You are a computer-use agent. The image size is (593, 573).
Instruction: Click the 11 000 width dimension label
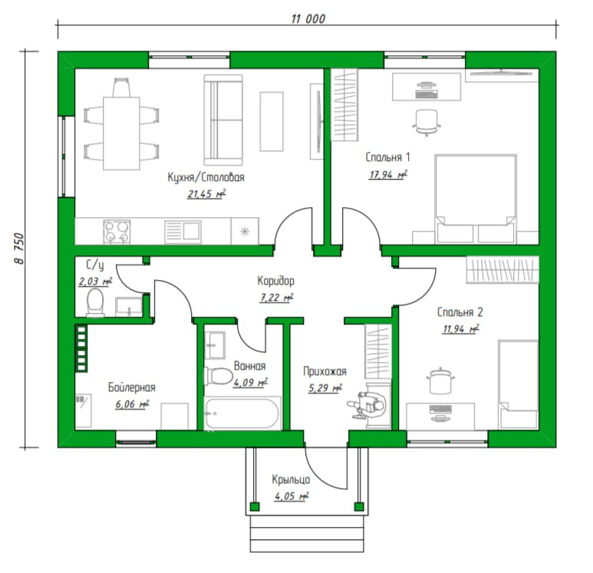point(308,18)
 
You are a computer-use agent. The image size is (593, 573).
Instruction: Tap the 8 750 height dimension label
point(19,249)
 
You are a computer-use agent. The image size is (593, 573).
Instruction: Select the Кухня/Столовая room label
point(206,177)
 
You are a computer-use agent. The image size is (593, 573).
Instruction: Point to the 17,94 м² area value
point(388,174)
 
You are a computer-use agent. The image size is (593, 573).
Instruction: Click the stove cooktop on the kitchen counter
point(117,231)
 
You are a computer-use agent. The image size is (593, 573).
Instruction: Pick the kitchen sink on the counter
point(183,232)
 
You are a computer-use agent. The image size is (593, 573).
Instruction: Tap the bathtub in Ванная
point(242,413)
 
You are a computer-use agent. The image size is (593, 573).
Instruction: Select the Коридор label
point(275,281)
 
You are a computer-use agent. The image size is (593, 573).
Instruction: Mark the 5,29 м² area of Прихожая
point(325,387)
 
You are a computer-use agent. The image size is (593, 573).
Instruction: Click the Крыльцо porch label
point(291,479)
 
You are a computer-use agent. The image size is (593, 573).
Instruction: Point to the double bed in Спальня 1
point(476,198)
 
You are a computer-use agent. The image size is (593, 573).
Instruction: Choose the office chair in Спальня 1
point(427,122)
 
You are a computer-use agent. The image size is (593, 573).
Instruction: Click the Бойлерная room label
point(132,387)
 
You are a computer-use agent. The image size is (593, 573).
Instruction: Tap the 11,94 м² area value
point(461,328)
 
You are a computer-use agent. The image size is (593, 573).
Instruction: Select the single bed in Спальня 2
point(518,384)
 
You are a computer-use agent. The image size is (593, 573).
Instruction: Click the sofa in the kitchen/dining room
point(223,120)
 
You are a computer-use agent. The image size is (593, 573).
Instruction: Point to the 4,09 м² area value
point(250,382)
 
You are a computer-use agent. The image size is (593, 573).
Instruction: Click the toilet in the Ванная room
point(218,376)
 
